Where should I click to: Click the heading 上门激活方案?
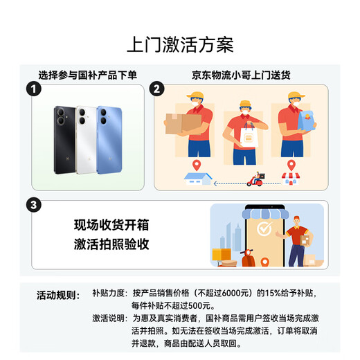coord(180,44)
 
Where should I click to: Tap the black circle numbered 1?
coord(30,89)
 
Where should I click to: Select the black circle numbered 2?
coord(156,89)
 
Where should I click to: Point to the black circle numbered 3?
coord(30,206)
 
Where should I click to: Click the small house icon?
coord(195,178)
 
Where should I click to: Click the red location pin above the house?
coord(197,165)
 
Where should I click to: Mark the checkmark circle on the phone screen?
coord(263,229)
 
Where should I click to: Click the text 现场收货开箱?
coord(111,225)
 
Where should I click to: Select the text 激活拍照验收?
coord(111,244)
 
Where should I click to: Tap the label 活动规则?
coord(57,295)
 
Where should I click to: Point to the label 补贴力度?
coord(109,293)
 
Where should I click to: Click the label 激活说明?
coord(109,318)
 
